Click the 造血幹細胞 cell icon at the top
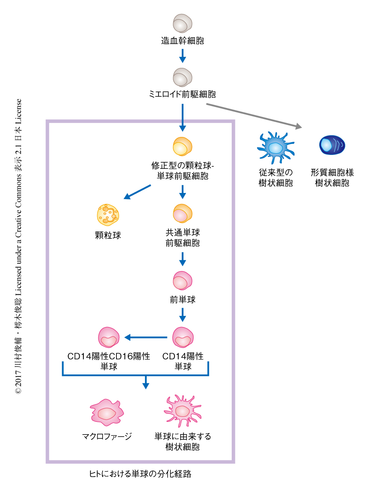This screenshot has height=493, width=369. point(183,24)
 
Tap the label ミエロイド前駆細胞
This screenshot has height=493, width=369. point(183,94)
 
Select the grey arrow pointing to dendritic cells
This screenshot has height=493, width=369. point(253,116)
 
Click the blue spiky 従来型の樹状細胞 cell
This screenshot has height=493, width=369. point(275,147)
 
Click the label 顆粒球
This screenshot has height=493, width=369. point(108,235)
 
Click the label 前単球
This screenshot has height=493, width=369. point(183,300)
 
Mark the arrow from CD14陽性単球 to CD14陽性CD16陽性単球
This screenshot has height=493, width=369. point(146,337)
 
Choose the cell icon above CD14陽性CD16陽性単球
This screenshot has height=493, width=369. point(109,337)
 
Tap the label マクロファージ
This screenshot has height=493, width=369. point(107,436)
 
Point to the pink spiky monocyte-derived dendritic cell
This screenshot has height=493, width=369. point(183,411)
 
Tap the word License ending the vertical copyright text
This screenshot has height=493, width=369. point(18,112)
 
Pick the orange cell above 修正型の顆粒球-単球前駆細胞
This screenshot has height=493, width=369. point(183,146)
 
